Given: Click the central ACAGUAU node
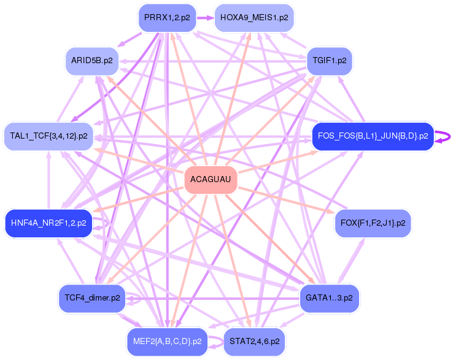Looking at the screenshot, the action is (x=211, y=179).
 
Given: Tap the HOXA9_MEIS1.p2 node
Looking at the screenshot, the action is (x=254, y=17).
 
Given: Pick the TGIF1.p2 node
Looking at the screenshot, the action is (x=330, y=61).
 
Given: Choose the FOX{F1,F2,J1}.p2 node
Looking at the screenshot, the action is (x=372, y=223).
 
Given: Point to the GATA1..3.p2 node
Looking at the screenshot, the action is (x=329, y=298).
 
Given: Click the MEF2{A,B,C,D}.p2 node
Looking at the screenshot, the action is (x=167, y=341).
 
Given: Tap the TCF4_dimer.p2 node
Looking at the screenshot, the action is (x=91, y=298).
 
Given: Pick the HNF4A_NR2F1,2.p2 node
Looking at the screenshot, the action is (x=48, y=223).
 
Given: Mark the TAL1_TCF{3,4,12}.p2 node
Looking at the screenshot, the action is (x=48, y=136).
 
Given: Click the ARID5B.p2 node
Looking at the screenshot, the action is (x=91, y=61).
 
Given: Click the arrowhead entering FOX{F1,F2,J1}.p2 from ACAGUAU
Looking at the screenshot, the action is (x=335, y=212).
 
